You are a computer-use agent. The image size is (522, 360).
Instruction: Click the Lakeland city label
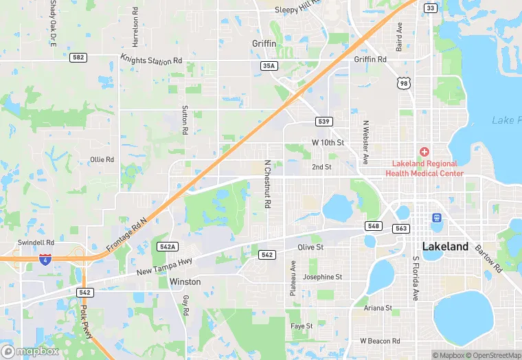coord(445,246)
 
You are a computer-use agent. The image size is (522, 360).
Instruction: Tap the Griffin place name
coord(264,44)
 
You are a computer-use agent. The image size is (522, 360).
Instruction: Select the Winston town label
coord(185,282)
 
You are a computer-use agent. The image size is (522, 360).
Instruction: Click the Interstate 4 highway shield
coord(45,259)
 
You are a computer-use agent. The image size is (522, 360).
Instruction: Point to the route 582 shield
coord(78,58)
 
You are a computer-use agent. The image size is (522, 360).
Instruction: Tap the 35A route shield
coord(269,66)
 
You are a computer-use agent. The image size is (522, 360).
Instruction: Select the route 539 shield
coord(325,122)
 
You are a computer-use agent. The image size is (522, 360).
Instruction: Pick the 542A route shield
coord(168,247)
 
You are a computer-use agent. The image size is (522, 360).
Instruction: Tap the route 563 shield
coord(401,228)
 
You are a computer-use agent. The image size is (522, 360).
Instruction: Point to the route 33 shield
coord(431,8)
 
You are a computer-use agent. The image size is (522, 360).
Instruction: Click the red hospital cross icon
coord(424,151)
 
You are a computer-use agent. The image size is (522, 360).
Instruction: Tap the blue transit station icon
coord(435,218)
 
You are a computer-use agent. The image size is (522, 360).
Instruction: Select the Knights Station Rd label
coord(151,60)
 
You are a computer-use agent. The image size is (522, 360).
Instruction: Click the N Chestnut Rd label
coord(267,185)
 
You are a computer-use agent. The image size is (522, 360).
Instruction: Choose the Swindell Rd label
coord(36,243)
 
